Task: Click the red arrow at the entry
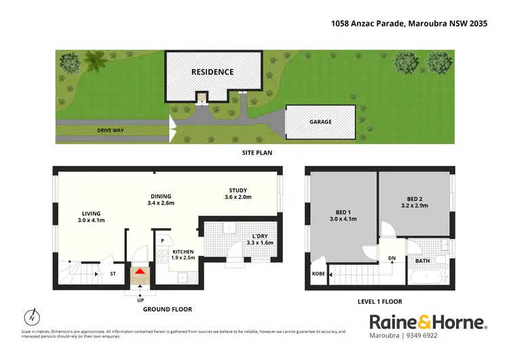[140, 272]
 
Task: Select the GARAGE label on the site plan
[321, 122]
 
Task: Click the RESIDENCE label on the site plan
[212, 72]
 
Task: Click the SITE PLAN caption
[257, 153]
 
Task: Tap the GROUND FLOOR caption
[168, 309]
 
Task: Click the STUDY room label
[238, 190]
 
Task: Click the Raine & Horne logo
[428, 322]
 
